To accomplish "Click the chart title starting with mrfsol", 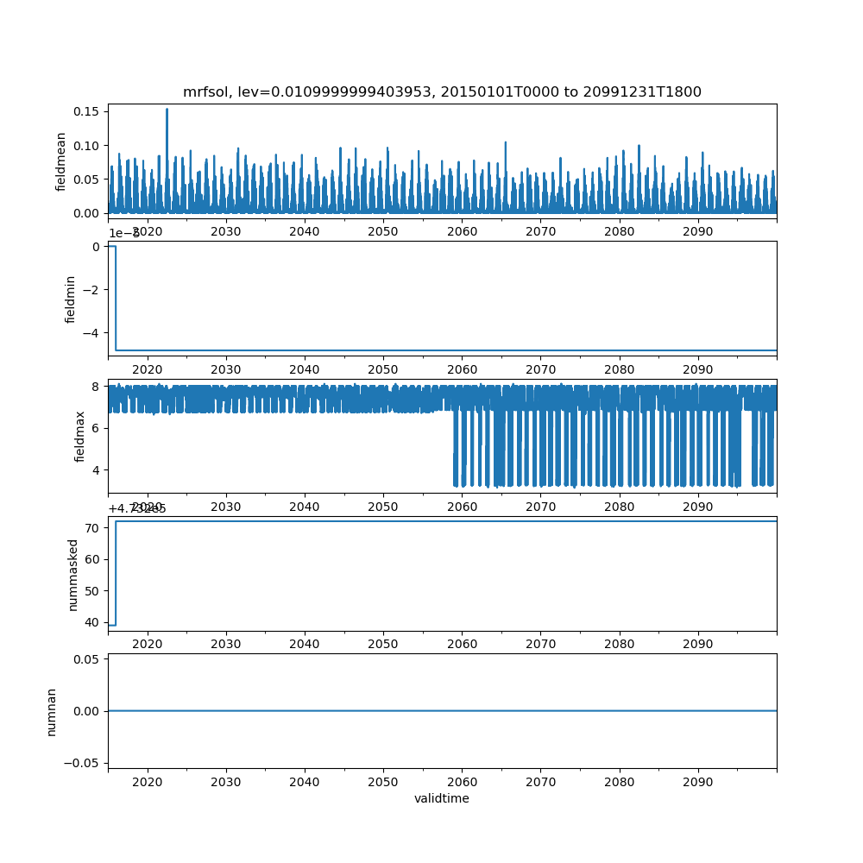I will point(442,92).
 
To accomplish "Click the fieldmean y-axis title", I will point(61,161).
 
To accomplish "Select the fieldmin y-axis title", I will point(71,299).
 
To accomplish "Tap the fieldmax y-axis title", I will point(80,436).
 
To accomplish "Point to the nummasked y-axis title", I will point(73,574).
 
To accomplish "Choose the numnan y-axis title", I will point(52,711).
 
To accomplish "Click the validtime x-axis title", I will point(442,798).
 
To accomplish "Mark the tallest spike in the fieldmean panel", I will point(167,110).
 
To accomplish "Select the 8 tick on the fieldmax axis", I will point(98,387).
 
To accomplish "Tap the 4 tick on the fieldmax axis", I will point(98,469).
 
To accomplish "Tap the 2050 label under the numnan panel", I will point(383,781).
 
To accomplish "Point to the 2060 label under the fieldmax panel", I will point(462,506).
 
